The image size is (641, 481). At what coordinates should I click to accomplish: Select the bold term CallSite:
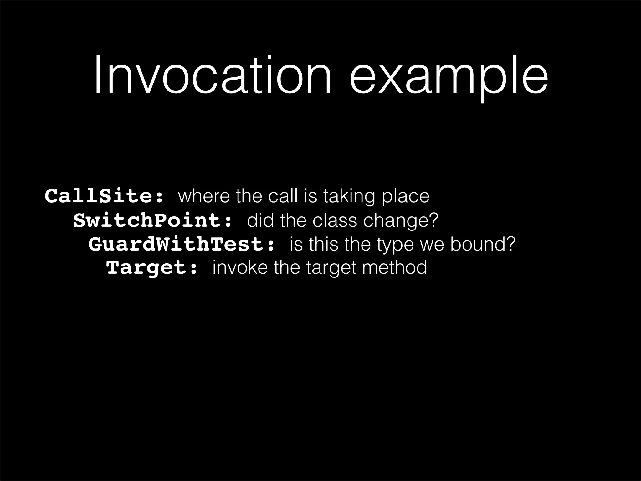104,196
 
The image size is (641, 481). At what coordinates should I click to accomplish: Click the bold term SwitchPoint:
153,220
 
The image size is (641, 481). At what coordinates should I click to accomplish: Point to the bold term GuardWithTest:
182,244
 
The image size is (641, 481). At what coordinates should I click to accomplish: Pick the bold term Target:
152,268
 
